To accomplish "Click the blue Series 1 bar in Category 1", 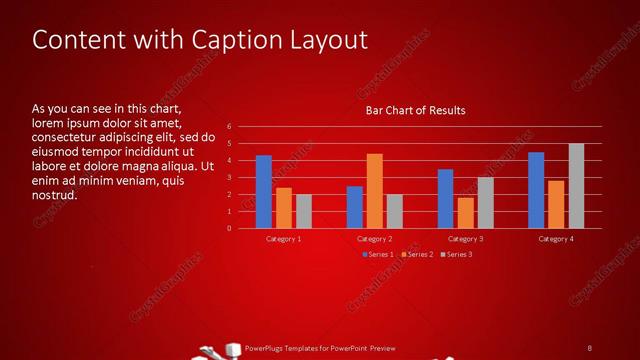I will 263,192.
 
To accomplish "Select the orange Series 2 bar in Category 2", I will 374,191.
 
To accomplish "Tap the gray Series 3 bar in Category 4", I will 576,186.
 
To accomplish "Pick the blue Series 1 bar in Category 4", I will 536,190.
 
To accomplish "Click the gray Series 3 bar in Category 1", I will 304,211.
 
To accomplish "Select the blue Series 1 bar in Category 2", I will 354,207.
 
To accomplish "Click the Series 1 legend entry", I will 378,254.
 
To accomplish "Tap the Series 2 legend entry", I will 418,254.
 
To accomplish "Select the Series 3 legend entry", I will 457,254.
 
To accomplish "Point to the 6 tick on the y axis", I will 229,127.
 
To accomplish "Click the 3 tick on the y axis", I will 229,178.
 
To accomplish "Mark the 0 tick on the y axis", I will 229,228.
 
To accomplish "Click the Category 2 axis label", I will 375,239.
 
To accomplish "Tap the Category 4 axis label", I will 556,239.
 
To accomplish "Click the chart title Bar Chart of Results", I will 415,110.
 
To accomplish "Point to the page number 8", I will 590,347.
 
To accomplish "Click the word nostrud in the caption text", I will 54,195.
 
